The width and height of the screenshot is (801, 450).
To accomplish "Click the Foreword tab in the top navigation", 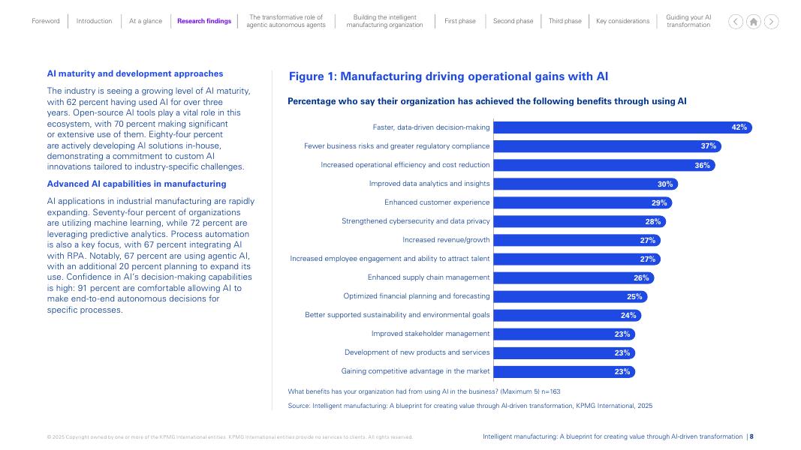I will [x=45, y=21].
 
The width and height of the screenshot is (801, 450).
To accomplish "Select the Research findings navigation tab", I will [x=204, y=21].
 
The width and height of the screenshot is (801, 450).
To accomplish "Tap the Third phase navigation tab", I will [x=565, y=21].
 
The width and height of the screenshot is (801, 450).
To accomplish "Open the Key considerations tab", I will [x=622, y=21].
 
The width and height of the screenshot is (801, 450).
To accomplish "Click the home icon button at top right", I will [x=754, y=21].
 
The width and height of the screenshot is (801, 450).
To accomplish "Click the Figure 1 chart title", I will [x=448, y=76].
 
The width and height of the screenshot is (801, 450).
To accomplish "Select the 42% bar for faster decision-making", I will [x=622, y=127].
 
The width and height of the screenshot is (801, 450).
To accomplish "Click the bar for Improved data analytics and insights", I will [x=586, y=184].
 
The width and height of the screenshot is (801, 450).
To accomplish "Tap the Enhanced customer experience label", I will [x=437, y=202].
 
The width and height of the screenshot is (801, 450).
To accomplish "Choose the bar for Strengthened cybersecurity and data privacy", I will [x=579, y=221].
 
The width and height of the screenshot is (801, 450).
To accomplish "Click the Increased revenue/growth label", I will [x=446, y=240].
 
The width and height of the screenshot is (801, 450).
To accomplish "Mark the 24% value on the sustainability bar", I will [x=628, y=315].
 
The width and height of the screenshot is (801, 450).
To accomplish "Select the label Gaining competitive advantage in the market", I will [x=415, y=371].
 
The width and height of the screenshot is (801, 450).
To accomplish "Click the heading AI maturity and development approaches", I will [x=135, y=73].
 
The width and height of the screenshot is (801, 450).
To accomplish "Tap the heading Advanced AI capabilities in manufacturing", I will [x=137, y=184].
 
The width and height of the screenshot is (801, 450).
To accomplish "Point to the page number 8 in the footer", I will [x=751, y=436].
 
